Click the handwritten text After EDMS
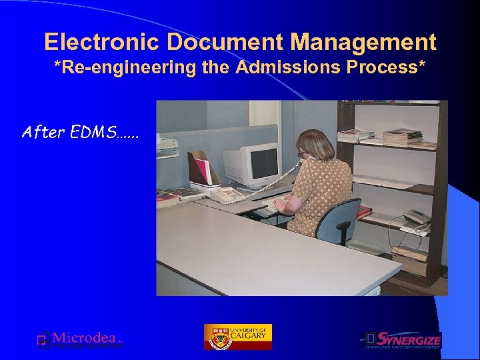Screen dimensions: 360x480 coord(80,132)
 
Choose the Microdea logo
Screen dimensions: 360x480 coord(80,339)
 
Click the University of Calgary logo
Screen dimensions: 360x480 coord(238,337)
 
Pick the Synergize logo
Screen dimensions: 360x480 coord(401,340)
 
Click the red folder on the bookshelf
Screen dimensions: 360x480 coord(364,212)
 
